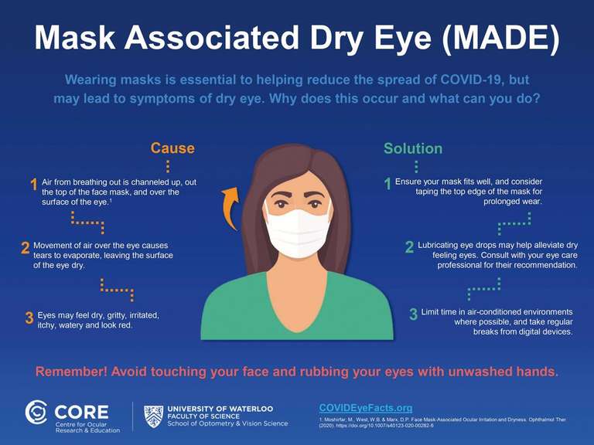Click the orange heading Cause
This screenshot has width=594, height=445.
(172, 148)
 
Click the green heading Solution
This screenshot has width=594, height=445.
(413, 148)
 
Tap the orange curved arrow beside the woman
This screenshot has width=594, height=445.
(231, 208)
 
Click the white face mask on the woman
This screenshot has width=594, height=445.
(298, 232)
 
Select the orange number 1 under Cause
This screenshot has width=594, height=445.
(34, 185)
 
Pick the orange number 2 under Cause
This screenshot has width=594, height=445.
(26, 248)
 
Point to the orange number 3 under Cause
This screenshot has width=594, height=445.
(29, 318)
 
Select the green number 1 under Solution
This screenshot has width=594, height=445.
(387, 185)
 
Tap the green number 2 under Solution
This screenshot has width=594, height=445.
(409, 247)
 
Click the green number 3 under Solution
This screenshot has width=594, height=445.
(413, 314)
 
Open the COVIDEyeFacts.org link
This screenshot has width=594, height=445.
(366, 408)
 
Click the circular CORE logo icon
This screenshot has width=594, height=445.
(36, 412)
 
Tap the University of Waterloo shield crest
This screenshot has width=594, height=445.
(153, 416)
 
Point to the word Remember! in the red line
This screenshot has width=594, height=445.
(71, 372)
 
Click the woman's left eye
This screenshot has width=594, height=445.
(315, 204)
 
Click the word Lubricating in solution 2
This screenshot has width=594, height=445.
(439, 245)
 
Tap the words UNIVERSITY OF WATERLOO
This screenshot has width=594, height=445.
(220, 409)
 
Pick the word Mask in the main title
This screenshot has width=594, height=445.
(74, 37)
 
